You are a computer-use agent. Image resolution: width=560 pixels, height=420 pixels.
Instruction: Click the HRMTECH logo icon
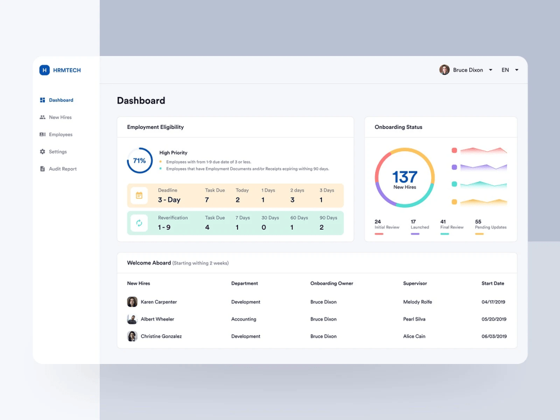44,70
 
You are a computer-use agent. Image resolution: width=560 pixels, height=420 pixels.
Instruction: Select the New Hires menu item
60,118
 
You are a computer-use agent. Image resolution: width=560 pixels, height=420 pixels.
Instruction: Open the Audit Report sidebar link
62,169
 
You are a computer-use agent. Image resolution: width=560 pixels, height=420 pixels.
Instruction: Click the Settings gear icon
43,152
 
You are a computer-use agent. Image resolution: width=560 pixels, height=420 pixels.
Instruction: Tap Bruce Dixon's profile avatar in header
444,70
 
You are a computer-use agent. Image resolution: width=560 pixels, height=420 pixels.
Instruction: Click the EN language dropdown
509,70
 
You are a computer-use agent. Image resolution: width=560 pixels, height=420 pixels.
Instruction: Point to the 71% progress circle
139,161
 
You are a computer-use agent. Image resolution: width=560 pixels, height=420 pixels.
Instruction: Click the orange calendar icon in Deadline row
139,195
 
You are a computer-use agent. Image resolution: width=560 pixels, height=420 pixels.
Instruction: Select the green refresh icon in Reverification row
139,223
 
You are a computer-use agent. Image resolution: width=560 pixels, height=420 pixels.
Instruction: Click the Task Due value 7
207,200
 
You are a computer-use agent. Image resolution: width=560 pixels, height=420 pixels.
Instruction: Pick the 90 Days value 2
321,227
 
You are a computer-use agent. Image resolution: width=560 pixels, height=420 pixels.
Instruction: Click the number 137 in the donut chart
404,177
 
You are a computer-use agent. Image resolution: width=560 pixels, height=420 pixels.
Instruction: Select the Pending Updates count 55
478,222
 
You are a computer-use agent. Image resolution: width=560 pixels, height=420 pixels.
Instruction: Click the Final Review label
452,227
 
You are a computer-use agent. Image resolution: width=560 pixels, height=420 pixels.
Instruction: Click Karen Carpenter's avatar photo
132,302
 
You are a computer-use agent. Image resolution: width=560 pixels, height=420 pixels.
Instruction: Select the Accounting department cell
244,319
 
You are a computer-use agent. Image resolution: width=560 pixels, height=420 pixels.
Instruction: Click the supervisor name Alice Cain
414,337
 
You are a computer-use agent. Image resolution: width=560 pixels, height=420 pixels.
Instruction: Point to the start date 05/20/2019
493,319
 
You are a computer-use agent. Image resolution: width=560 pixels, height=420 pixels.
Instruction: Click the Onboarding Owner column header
332,283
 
